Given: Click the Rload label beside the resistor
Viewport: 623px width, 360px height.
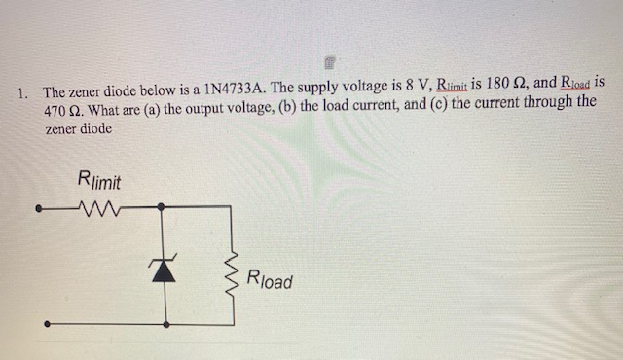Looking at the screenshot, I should pos(270,280).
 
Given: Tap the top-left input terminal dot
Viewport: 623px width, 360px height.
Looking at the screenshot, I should pos(40,207).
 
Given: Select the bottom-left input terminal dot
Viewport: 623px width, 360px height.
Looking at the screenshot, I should pos(40,323).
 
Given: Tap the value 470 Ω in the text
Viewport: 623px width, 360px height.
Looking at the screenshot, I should pos(62,112).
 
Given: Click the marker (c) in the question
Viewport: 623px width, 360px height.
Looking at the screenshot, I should pos(432,106).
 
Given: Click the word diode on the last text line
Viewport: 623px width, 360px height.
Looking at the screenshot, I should pos(95,128).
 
